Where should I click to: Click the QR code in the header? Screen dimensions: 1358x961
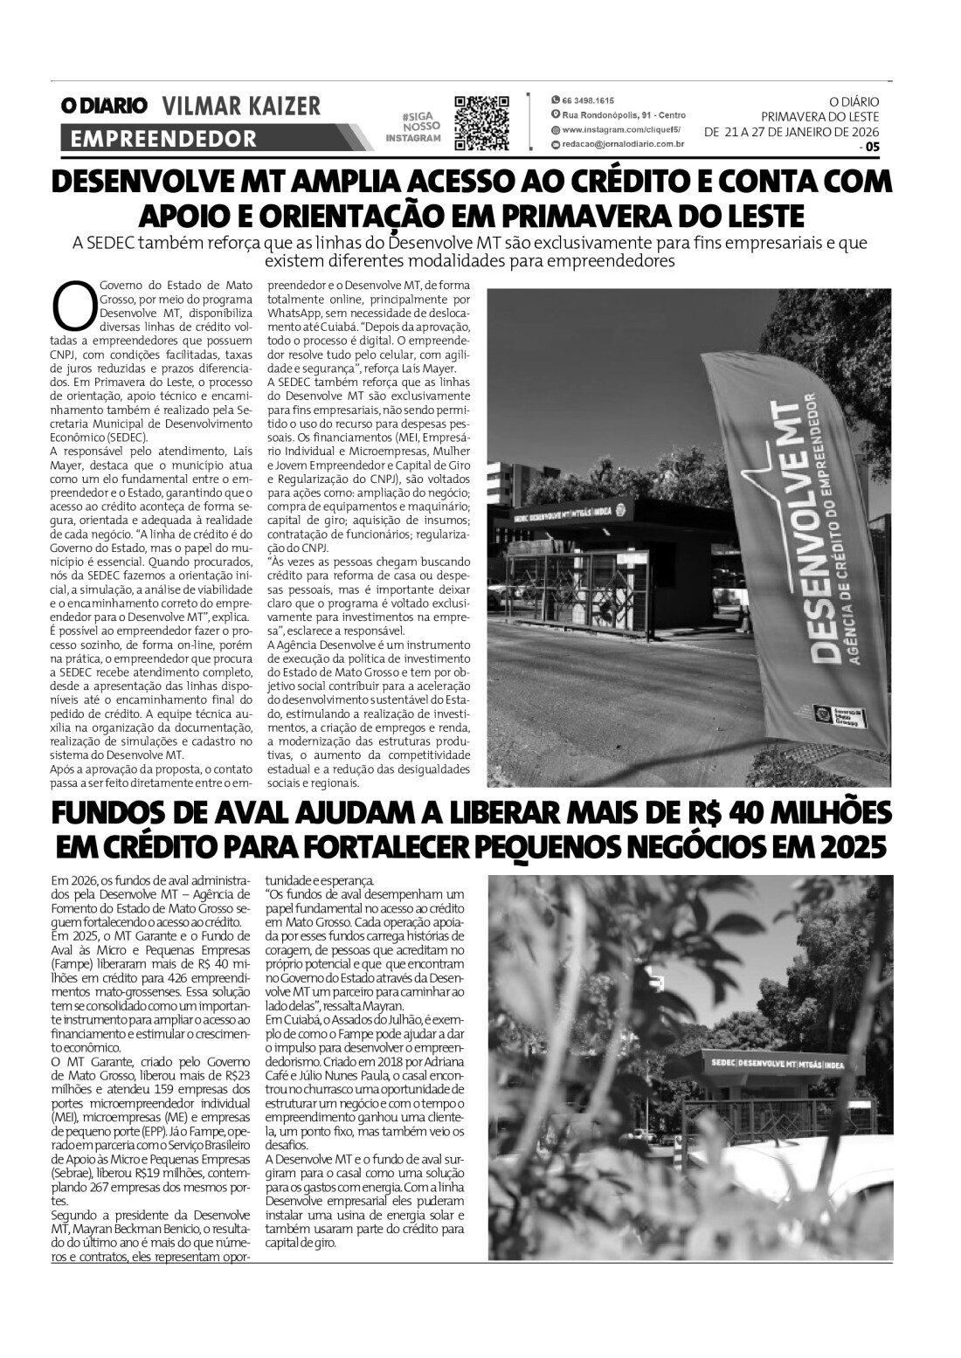coord(481,122)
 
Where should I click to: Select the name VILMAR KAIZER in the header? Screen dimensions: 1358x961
coord(242,107)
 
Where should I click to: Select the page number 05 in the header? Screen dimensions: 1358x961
coord(873,147)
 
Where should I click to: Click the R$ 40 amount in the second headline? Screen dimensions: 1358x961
coord(712,813)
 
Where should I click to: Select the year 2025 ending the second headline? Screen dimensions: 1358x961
coord(845,846)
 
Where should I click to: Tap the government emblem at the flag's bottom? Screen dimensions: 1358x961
coord(820,713)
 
